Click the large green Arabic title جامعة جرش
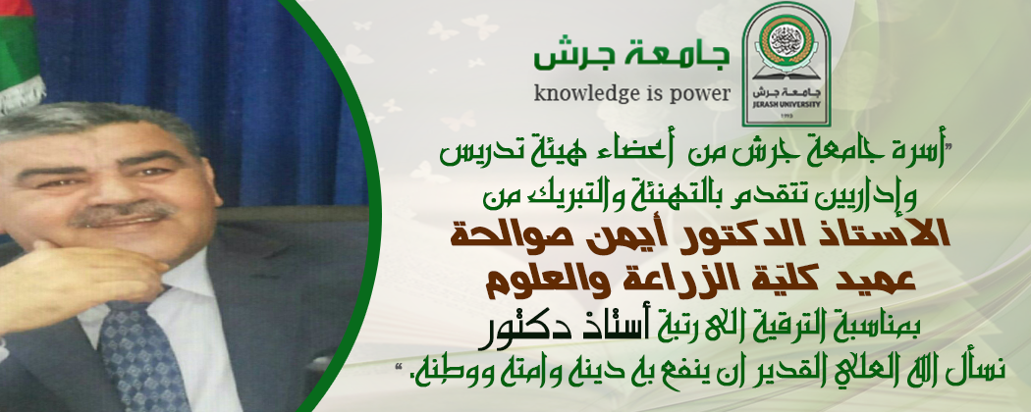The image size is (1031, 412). point(631,57)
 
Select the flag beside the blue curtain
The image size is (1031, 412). point(20,53)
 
